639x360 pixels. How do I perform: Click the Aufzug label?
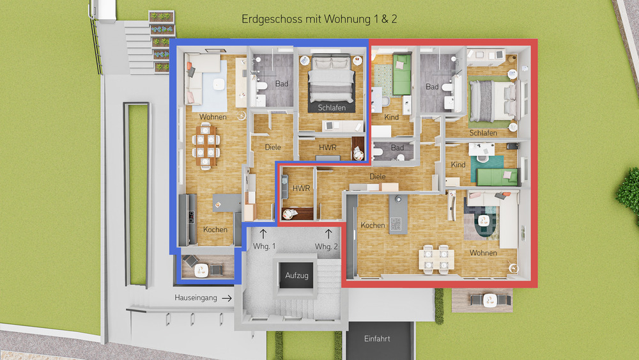(297, 276)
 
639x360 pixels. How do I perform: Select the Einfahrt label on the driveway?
(376, 339)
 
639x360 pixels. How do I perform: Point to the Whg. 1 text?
(265, 247)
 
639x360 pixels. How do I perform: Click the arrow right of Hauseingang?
(226, 298)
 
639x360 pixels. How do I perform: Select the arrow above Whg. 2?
(328, 233)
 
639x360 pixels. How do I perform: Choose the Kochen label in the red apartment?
(373, 225)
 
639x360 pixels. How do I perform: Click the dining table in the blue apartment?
(204, 146)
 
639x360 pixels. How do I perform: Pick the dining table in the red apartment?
(436, 258)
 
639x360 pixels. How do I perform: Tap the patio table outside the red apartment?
(490, 299)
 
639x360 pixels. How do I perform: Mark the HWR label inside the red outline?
(300, 189)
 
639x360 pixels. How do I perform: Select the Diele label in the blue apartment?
(272, 148)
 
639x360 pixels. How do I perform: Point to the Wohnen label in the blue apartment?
(212, 117)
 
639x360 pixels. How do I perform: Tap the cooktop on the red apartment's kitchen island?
(396, 224)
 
